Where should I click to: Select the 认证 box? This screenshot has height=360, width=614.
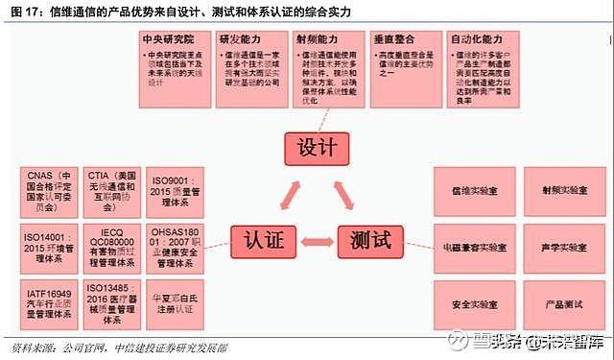point(262,239)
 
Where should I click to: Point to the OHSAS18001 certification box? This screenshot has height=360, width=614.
point(174,246)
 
